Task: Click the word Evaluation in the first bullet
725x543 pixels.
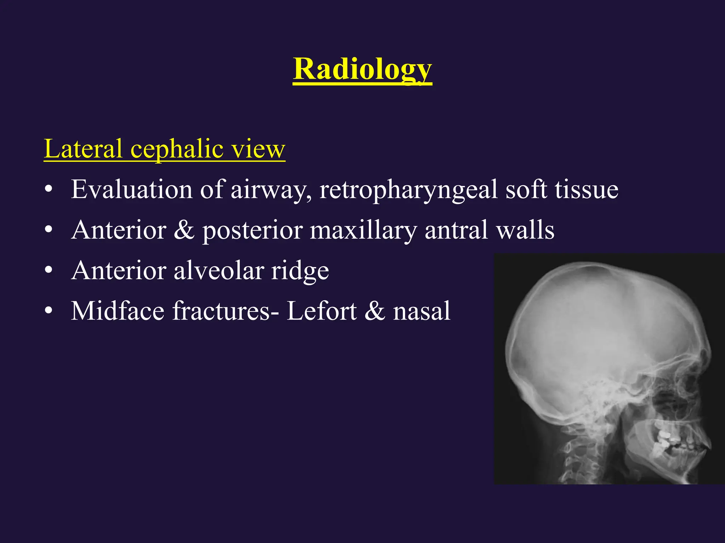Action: [131, 189]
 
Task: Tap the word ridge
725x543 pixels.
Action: [300, 271]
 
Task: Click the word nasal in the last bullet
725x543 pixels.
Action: [421, 311]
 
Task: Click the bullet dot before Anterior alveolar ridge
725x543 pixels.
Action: [49, 270]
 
